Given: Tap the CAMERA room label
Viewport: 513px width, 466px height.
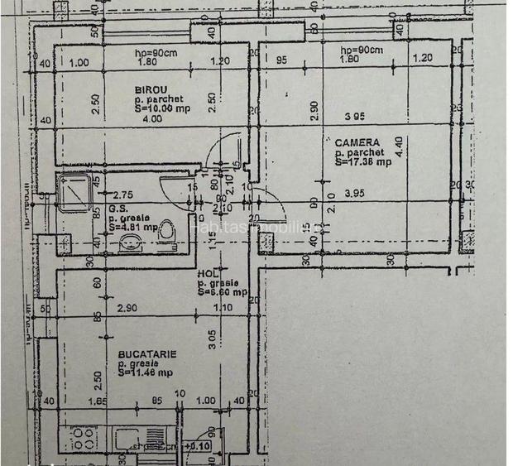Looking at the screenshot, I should pos(357,142).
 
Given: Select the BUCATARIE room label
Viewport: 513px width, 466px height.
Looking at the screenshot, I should pos(146,353).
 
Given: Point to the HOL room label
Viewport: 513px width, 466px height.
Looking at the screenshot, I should pos(208,274).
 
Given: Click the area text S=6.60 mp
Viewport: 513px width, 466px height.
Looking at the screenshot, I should pos(223,291).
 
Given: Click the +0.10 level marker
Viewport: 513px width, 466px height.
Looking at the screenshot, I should pos(198,447).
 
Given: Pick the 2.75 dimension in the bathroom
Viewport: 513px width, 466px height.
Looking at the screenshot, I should pos(122,192).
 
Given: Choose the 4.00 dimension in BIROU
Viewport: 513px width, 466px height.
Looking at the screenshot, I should pos(152,118).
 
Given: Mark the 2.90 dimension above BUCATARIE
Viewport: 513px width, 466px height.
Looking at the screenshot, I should pos(127,308).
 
